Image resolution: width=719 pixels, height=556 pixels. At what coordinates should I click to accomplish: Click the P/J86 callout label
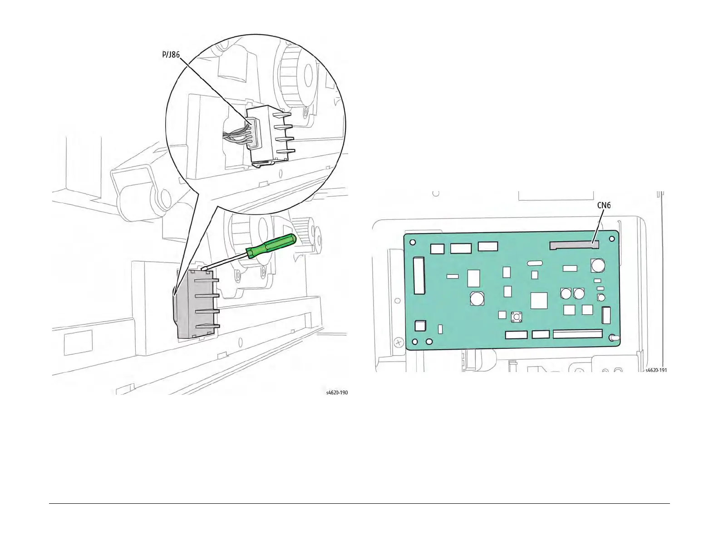click(x=171, y=55)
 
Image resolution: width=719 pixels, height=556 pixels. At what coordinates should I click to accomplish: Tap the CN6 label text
click(x=603, y=205)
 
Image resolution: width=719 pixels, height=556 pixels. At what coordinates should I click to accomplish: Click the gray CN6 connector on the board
click(x=574, y=245)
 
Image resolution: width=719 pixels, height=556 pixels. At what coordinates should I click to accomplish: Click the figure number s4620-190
click(x=337, y=392)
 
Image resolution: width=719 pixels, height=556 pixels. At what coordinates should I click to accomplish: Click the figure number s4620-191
click(x=656, y=370)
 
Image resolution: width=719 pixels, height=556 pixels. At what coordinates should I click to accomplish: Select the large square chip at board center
click(x=539, y=300)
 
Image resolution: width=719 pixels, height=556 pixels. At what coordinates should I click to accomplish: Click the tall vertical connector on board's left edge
click(x=419, y=275)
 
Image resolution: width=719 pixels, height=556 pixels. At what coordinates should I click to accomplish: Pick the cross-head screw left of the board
click(x=398, y=342)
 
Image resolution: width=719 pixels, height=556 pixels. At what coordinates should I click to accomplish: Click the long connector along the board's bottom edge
click(x=577, y=335)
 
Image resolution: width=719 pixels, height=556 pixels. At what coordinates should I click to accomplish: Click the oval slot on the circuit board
click(x=535, y=263)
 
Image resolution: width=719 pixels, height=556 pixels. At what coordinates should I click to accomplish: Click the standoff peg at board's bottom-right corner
click(x=614, y=338)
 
